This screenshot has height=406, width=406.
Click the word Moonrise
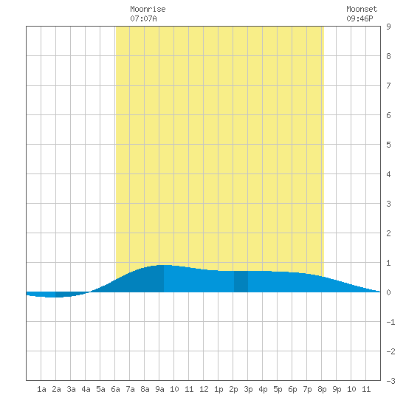(x=148, y=9)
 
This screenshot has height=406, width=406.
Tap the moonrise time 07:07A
(x=143, y=18)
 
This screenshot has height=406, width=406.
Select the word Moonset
(x=362, y=9)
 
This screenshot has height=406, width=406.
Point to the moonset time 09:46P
(x=359, y=18)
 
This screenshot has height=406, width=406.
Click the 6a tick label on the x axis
(x=115, y=389)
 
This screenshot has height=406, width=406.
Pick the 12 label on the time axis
(x=204, y=389)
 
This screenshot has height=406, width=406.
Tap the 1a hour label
(x=41, y=389)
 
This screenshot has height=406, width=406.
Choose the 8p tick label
(x=322, y=389)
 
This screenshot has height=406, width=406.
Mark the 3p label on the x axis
(x=248, y=389)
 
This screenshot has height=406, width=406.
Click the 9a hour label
(x=159, y=389)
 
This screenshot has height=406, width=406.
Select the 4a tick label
(x=86, y=389)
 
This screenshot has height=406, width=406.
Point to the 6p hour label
(x=292, y=389)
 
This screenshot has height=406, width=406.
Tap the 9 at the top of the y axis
(x=388, y=27)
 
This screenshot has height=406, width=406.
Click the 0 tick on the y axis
(x=388, y=292)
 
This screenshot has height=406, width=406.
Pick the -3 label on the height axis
(x=391, y=381)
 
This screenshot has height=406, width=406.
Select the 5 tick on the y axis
(x=388, y=145)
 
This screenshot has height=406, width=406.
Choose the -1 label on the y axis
(x=391, y=322)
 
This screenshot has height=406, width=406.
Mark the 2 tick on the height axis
(x=388, y=233)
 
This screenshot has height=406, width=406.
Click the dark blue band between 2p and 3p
(x=241, y=281)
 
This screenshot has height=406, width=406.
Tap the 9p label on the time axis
(x=337, y=389)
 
